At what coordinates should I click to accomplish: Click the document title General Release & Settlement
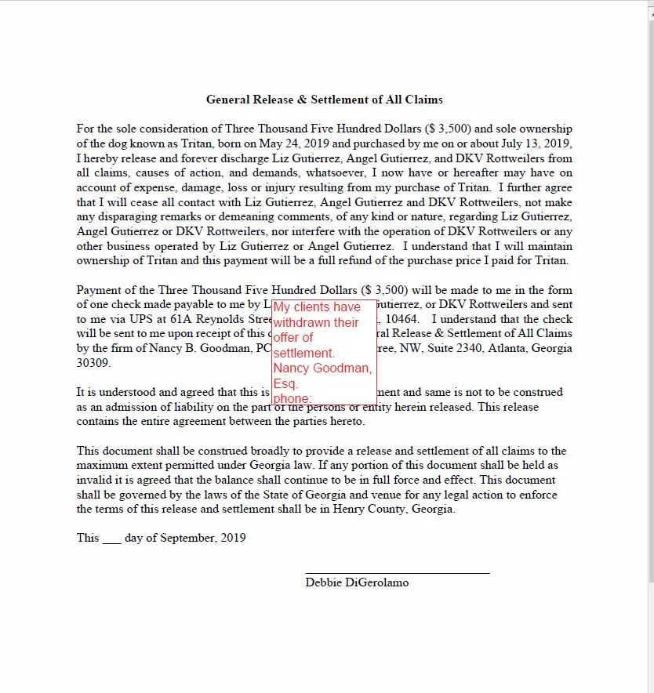click(x=324, y=100)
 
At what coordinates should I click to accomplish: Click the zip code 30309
click(x=93, y=363)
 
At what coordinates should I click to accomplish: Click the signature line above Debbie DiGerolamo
click(x=397, y=573)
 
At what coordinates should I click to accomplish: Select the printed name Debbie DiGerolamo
click(x=357, y=582)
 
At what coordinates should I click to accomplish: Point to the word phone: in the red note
click(x=292, y=398)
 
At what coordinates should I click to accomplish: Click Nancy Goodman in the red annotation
click(x=322, y=368)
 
